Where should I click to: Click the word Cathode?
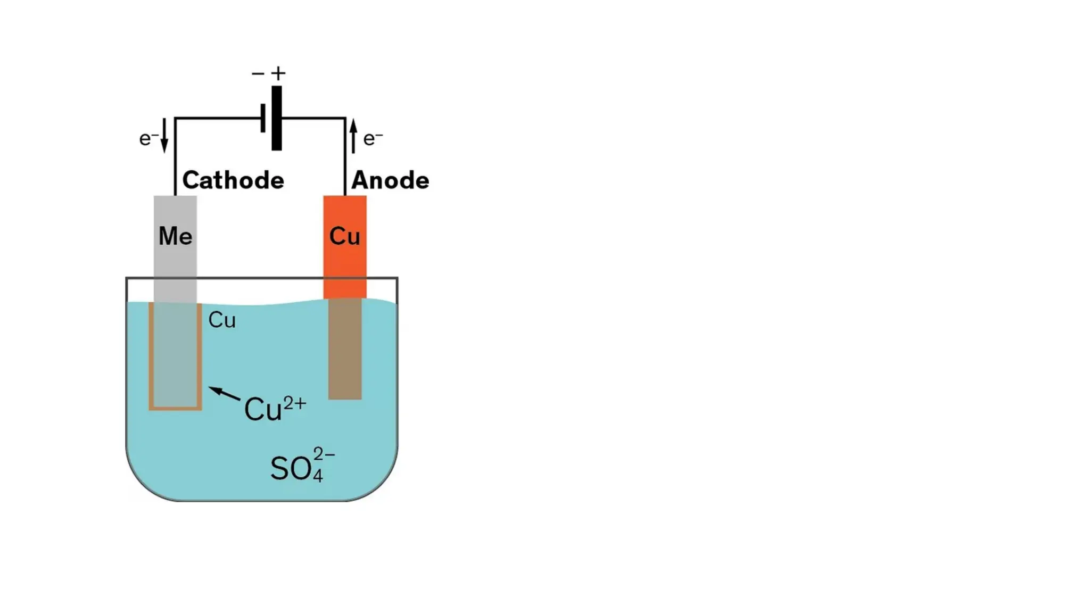233,180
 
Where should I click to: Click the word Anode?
390,180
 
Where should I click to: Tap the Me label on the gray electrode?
175,236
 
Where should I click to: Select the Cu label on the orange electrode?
345,236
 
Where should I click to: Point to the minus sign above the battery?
258,73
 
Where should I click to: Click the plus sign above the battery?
278,73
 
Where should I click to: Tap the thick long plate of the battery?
277,118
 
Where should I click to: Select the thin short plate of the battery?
263,118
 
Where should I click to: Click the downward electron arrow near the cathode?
164,135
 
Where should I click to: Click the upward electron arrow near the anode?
353,136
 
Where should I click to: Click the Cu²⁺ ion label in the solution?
275,409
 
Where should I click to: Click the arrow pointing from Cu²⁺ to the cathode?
224,394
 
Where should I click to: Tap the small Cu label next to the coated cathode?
221,320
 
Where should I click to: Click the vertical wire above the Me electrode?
175,160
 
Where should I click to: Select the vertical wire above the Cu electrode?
345,160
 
